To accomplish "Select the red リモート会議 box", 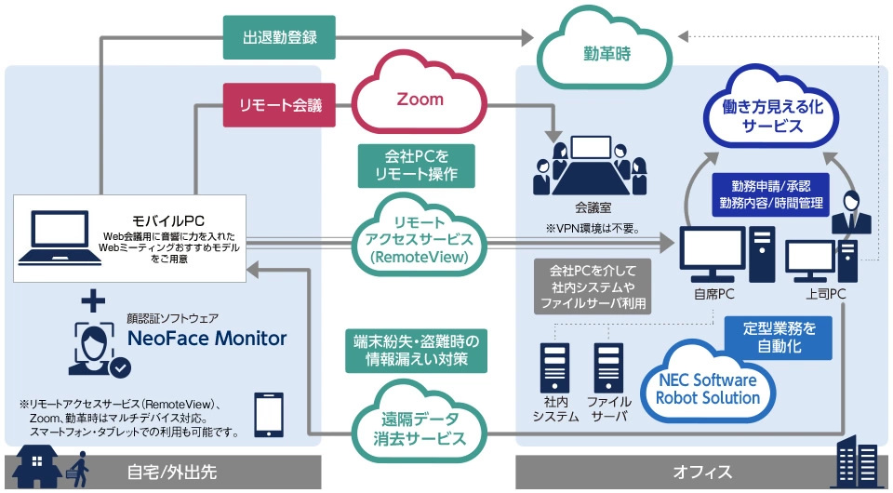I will coord(278,105).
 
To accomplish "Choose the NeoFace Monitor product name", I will coord(207,338).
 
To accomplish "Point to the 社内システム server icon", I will coord(555,372).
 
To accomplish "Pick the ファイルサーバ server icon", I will coord(608,372).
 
